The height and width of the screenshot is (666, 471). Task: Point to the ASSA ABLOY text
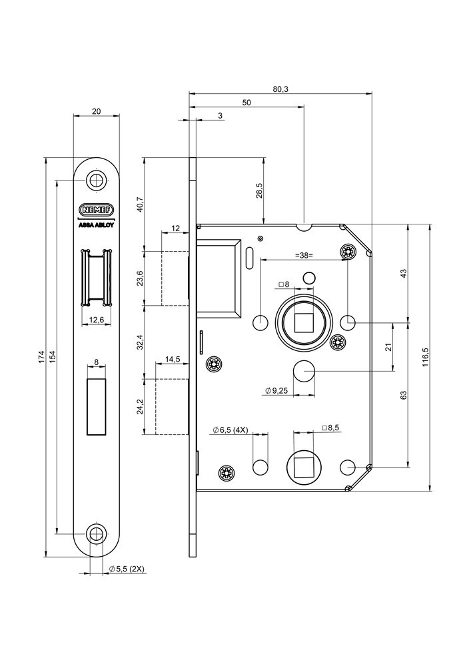click(x=97, y=225)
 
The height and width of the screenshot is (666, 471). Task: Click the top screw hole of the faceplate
click(x=97, y=180)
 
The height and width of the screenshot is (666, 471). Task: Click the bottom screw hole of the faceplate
click(x=97, y=533)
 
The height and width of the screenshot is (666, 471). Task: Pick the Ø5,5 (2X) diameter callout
click(x=127, y=569)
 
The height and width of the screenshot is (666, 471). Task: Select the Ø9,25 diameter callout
click(x=275, y=391)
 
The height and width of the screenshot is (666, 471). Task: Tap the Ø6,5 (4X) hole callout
click(x=231, y=430)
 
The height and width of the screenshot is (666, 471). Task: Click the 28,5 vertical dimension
click(x=259, y=190)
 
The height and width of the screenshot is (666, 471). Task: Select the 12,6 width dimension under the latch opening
click(x=97, y=320)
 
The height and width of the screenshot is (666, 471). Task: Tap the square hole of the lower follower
click(x=303, y=466)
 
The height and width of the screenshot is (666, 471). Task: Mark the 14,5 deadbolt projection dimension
click(x=173, y=360)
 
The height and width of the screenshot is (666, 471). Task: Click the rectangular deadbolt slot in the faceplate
click(x=97, y=406)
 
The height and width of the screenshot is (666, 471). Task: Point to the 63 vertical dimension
click(x=403, y=395)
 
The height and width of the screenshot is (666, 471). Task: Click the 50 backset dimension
click(x=246, y=103)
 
